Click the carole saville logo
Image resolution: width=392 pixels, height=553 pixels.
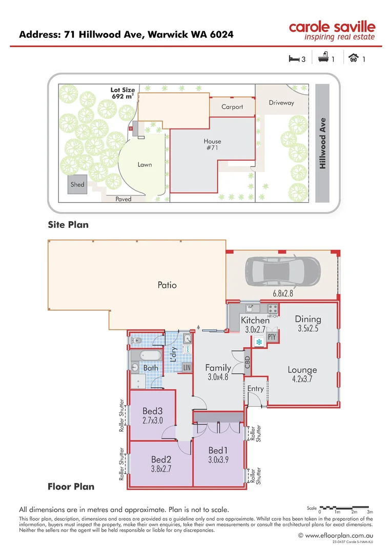pos(332,30)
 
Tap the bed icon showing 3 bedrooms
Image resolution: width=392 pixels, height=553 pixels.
pos(294,59)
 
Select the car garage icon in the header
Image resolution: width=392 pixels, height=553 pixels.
pos(354,59)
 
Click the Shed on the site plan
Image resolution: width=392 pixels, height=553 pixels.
pos(77,184)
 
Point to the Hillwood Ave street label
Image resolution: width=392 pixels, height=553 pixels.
pos(322,143)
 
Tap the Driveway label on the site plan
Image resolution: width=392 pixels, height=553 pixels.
pos(281,102)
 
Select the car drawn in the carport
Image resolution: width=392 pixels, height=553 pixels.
pos(283,271)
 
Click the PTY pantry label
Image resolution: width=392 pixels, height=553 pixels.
pos(272,337)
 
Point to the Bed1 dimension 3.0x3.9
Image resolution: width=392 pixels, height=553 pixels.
pos(218,460)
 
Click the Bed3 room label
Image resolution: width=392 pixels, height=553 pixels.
pos(152,411)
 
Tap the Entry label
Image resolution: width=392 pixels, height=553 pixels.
pos(255,389)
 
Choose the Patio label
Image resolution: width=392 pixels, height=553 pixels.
pos(167,285)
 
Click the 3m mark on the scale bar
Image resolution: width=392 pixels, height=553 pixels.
pos(370,512)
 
